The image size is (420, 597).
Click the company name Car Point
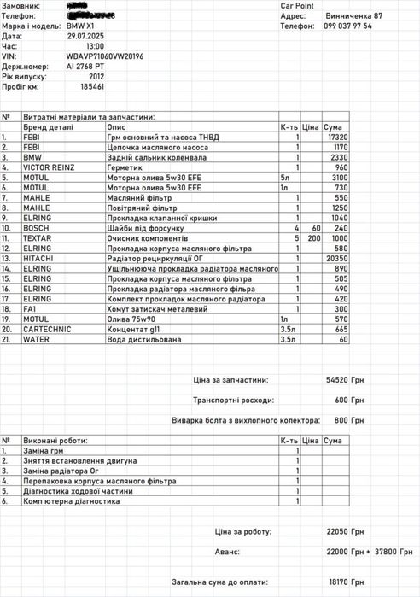[298, 5]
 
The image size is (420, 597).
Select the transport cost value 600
[341, 399]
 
